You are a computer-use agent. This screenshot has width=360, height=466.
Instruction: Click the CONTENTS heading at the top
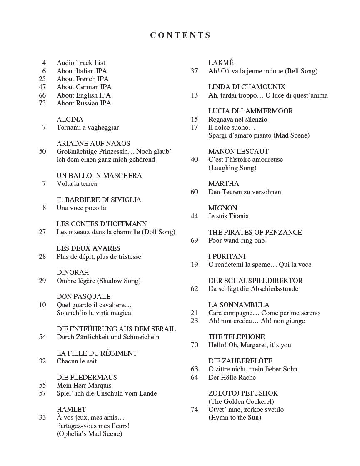[x=180, y=35]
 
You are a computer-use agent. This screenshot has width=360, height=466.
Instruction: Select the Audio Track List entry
[x=81, y=63]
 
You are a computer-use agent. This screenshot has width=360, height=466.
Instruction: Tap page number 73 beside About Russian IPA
[x=42, y=103]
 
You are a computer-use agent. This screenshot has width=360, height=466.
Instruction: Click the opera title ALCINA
[x=70, y=119]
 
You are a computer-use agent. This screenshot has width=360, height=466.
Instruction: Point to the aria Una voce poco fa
[x=78, y=208]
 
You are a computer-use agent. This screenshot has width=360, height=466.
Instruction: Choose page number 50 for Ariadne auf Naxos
[x=42, y=152]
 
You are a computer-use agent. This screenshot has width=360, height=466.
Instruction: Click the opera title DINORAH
[x=72, y=273]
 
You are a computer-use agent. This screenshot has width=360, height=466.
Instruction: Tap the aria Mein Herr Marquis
[x=84, y=386]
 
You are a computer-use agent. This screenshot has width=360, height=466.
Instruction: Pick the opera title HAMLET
[x=71, y=410]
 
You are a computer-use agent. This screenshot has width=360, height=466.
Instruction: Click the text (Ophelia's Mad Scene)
[x=89, y=434]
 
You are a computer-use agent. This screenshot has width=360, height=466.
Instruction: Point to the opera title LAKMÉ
[x=221, y=63]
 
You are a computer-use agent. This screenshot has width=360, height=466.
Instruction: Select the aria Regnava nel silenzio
[x=237, y=120]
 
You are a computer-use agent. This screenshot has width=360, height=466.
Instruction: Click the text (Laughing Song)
[x=232, y=168]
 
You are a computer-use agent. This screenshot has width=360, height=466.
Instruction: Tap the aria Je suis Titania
[x=228, y=216]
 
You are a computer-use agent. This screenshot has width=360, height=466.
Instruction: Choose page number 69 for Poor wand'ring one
[x=194, y=241]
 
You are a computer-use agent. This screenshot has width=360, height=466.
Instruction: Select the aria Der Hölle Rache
[x=232, y=378]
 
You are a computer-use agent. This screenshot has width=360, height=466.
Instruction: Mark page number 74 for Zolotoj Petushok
[x=194, y=410]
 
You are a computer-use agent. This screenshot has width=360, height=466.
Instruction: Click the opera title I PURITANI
[x=227, y=257]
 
